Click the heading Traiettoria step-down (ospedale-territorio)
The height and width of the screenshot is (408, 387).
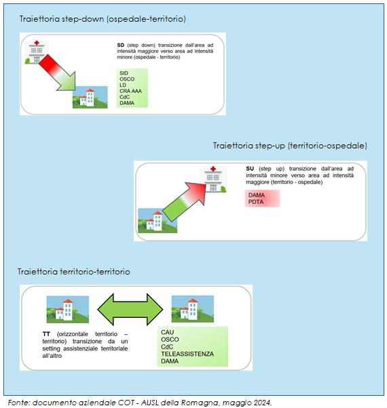[x=103, y=19]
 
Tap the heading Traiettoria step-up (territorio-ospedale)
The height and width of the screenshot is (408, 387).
[x=290, y=146]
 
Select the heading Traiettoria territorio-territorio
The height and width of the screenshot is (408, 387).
[x=74, y=272]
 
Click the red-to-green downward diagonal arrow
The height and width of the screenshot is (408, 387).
[x=58, y=73]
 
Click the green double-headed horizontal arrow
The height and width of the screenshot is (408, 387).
[x=130, y=310]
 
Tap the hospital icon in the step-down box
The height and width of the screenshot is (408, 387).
[x=37, y=52]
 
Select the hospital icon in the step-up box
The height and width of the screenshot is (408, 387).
[x=213, y=180]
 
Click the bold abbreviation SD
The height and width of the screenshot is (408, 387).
[x=120, y=45]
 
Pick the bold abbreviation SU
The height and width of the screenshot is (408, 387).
[x=250, y=169]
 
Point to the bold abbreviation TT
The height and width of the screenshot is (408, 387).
[x=46, y=334]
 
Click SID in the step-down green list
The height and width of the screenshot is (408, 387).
[x=124, y=73]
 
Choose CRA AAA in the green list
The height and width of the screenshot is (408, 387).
[x=130, y=91]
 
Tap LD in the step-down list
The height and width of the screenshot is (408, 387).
[x=123, y=85]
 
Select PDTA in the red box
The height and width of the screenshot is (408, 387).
[x=256, y=202]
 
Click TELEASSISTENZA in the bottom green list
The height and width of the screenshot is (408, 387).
[x=187, y=354]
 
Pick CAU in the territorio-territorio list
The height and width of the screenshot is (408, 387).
[x=167, y=332]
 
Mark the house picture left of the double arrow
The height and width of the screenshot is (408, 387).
[x=68, y=309]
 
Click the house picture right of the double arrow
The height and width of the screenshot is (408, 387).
[x=193, y=309]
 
